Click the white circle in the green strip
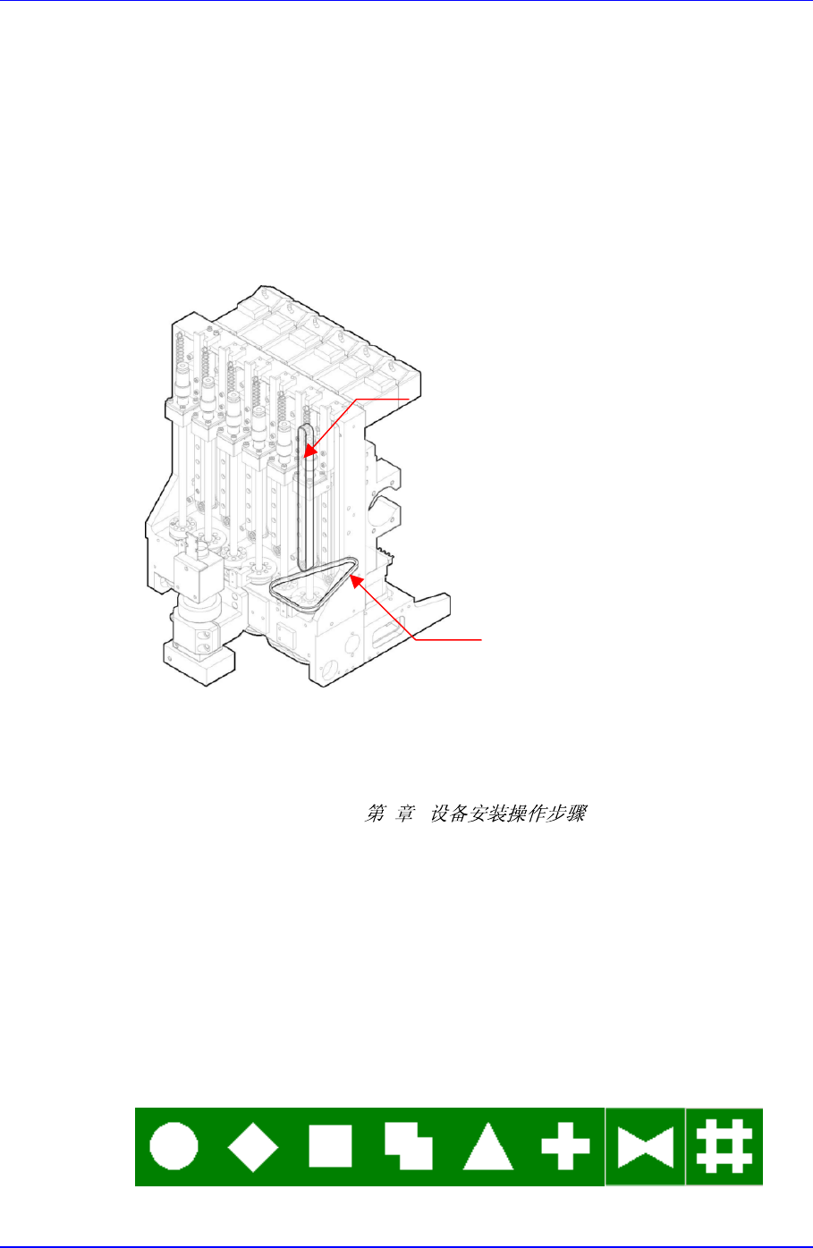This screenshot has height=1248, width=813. pyautogui.click(x=174, y=1146)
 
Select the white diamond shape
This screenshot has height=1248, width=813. pyautogui.click(x=253, y=1146)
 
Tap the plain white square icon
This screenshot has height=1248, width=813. pyautogui.click(x=330, y=1146)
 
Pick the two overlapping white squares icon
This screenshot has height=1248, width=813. pyautogui.click(x=408, y=1146)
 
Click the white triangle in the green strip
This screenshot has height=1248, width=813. pyautogui.click(x=487, y=1148)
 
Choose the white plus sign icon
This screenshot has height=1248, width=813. pyautogui.click(x=565, y=1146)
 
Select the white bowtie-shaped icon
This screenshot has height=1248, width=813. pyautogui.click(x=645, y=1147)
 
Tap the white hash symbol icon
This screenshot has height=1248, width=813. pyautogui.click(x=724, y=1147)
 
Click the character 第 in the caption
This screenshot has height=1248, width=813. pyautogui.click(x=376, y=814)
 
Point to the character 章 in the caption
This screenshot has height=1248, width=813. pyautogui.click(x=405, y=814)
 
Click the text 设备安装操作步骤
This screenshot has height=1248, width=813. pyautogui.click(x=508, y=814)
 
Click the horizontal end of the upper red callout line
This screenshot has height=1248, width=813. pyautogui.click(x=407, y=397)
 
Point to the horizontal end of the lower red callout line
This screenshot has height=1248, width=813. pyautogui.click(x=478, y=639)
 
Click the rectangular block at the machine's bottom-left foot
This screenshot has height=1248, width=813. pyautogui.click(x=199, y=665)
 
